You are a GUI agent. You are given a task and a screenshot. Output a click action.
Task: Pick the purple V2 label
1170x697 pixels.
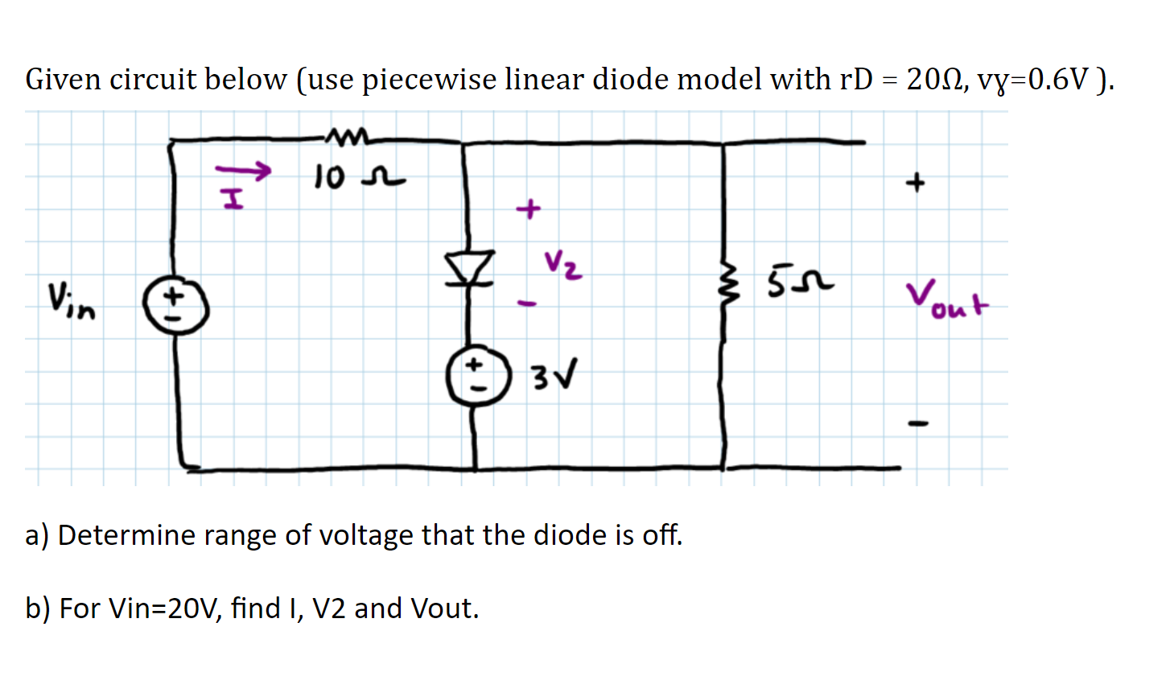562,264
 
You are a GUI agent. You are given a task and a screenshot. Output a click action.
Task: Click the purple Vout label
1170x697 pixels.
947,300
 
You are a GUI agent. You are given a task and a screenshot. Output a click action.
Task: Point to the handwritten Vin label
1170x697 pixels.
71,299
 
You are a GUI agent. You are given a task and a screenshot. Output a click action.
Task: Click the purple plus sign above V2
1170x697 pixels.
528,209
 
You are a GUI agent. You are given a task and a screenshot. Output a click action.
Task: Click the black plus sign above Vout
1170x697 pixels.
915,184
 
